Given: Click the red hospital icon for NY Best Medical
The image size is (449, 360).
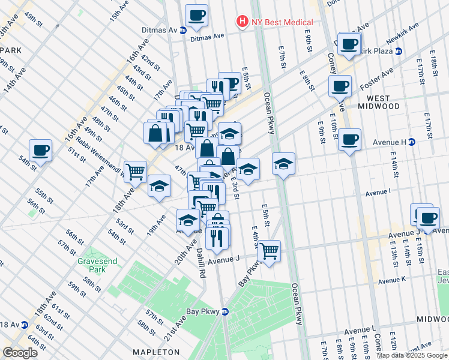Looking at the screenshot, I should [242, 22].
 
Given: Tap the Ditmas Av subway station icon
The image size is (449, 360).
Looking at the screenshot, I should [183, 29].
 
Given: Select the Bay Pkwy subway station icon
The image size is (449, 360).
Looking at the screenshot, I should [225, 311].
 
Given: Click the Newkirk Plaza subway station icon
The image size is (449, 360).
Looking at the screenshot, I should [399, 51].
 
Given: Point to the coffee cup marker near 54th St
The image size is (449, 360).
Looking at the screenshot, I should [40, 151].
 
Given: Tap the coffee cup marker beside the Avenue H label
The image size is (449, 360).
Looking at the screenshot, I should [349, 140].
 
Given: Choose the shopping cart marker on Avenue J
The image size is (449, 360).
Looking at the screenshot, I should [269, 251].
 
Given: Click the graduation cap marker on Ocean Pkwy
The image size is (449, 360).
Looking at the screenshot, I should [284, 163].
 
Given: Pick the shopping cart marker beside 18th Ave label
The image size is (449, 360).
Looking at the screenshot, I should [136, 172].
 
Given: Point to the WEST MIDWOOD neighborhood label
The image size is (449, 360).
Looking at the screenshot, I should [379, 101].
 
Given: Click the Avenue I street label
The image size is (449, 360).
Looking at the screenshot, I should [378, 192].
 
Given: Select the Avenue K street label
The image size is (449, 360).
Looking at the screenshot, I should [392, 280].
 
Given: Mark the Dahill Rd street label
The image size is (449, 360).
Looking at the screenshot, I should [200, 263].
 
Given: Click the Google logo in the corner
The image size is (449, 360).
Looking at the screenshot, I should [20, 353].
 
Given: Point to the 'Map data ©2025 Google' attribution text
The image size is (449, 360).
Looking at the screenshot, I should [412, 355].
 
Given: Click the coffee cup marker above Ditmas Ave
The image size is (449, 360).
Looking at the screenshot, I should [196, 14].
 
